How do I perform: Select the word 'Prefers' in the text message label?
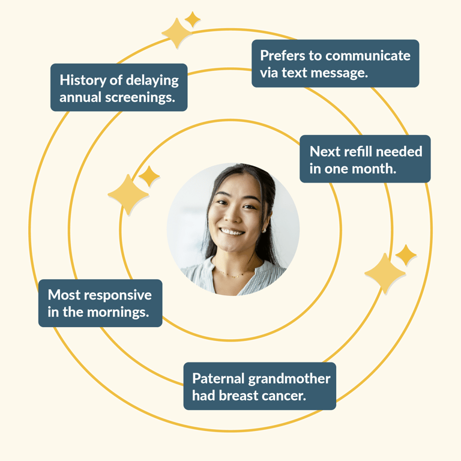(282, 56)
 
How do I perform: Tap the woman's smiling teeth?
(232, 231)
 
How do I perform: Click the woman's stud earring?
(264, 229)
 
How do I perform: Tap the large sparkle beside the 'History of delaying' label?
(176, 33)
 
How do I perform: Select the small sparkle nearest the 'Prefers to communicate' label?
(193, 19)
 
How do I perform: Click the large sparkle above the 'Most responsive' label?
(128, 195)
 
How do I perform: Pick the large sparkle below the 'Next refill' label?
(385, 274)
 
